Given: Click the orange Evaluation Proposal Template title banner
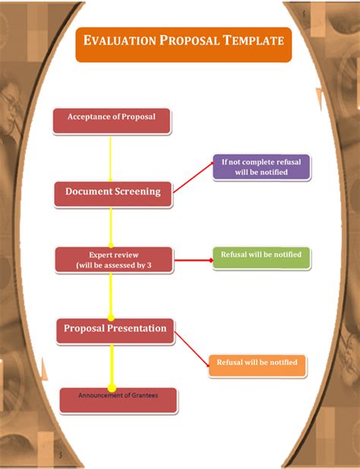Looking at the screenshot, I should pyautogui.click(x=183, y=44).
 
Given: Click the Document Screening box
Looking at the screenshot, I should pyautogui.click(x=112, y=193).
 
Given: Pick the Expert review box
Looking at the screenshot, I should pyautogui.click(x=114, y=259).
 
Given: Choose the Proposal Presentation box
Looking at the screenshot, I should pyautogui.click(x=115, y=330).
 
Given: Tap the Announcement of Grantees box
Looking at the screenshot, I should pyautogui.click(x=118, y=400).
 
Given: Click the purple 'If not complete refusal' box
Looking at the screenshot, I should pyautogui.click(x=261, y=166).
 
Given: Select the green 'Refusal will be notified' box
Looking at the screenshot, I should pyautogui.click(x=261, y=257).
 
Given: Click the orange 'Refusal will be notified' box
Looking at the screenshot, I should pyautogui.click(x=257, y=365).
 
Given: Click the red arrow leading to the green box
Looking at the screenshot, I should pyautogui.click(x=193, y=259).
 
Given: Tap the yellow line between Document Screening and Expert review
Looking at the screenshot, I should pyautogui.click(x=112, y=227).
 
